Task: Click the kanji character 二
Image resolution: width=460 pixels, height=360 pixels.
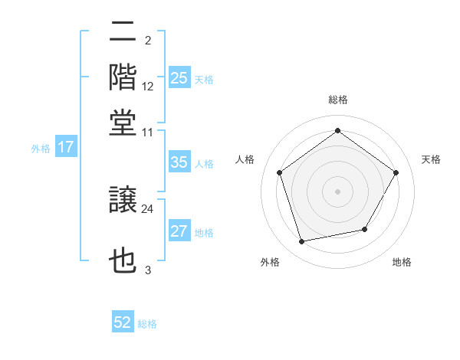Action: coord(123,33)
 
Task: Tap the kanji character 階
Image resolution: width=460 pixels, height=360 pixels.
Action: coord(123,77)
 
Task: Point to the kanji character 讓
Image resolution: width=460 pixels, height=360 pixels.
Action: coord(123,201)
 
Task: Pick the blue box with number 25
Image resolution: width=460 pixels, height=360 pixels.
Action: coord(179,78)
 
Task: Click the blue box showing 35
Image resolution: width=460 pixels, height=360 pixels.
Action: coord(179,162)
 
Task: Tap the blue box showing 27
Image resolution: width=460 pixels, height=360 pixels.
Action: coord(179,231)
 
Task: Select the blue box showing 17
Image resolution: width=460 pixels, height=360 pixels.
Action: coord(66,148)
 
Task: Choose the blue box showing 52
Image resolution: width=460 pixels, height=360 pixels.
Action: coord(123,322)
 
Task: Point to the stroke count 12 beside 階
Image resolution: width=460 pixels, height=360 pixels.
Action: coord(148,87)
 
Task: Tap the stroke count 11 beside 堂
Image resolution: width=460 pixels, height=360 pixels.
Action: coord(148,132)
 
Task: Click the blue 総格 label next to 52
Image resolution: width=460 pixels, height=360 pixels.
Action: coord(147,324)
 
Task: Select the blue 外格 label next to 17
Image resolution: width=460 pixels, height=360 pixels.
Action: coord(41,149)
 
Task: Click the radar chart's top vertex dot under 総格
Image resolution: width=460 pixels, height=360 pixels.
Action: coord(337,131)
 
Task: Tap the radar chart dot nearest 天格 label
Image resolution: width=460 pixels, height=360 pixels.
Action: coord(396,173)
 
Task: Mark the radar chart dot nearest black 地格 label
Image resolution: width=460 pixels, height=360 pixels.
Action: coord(365,229)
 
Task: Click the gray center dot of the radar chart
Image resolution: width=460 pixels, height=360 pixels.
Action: coord(337,191)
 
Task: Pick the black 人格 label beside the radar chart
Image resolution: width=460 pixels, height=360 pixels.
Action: coord(245,159)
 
